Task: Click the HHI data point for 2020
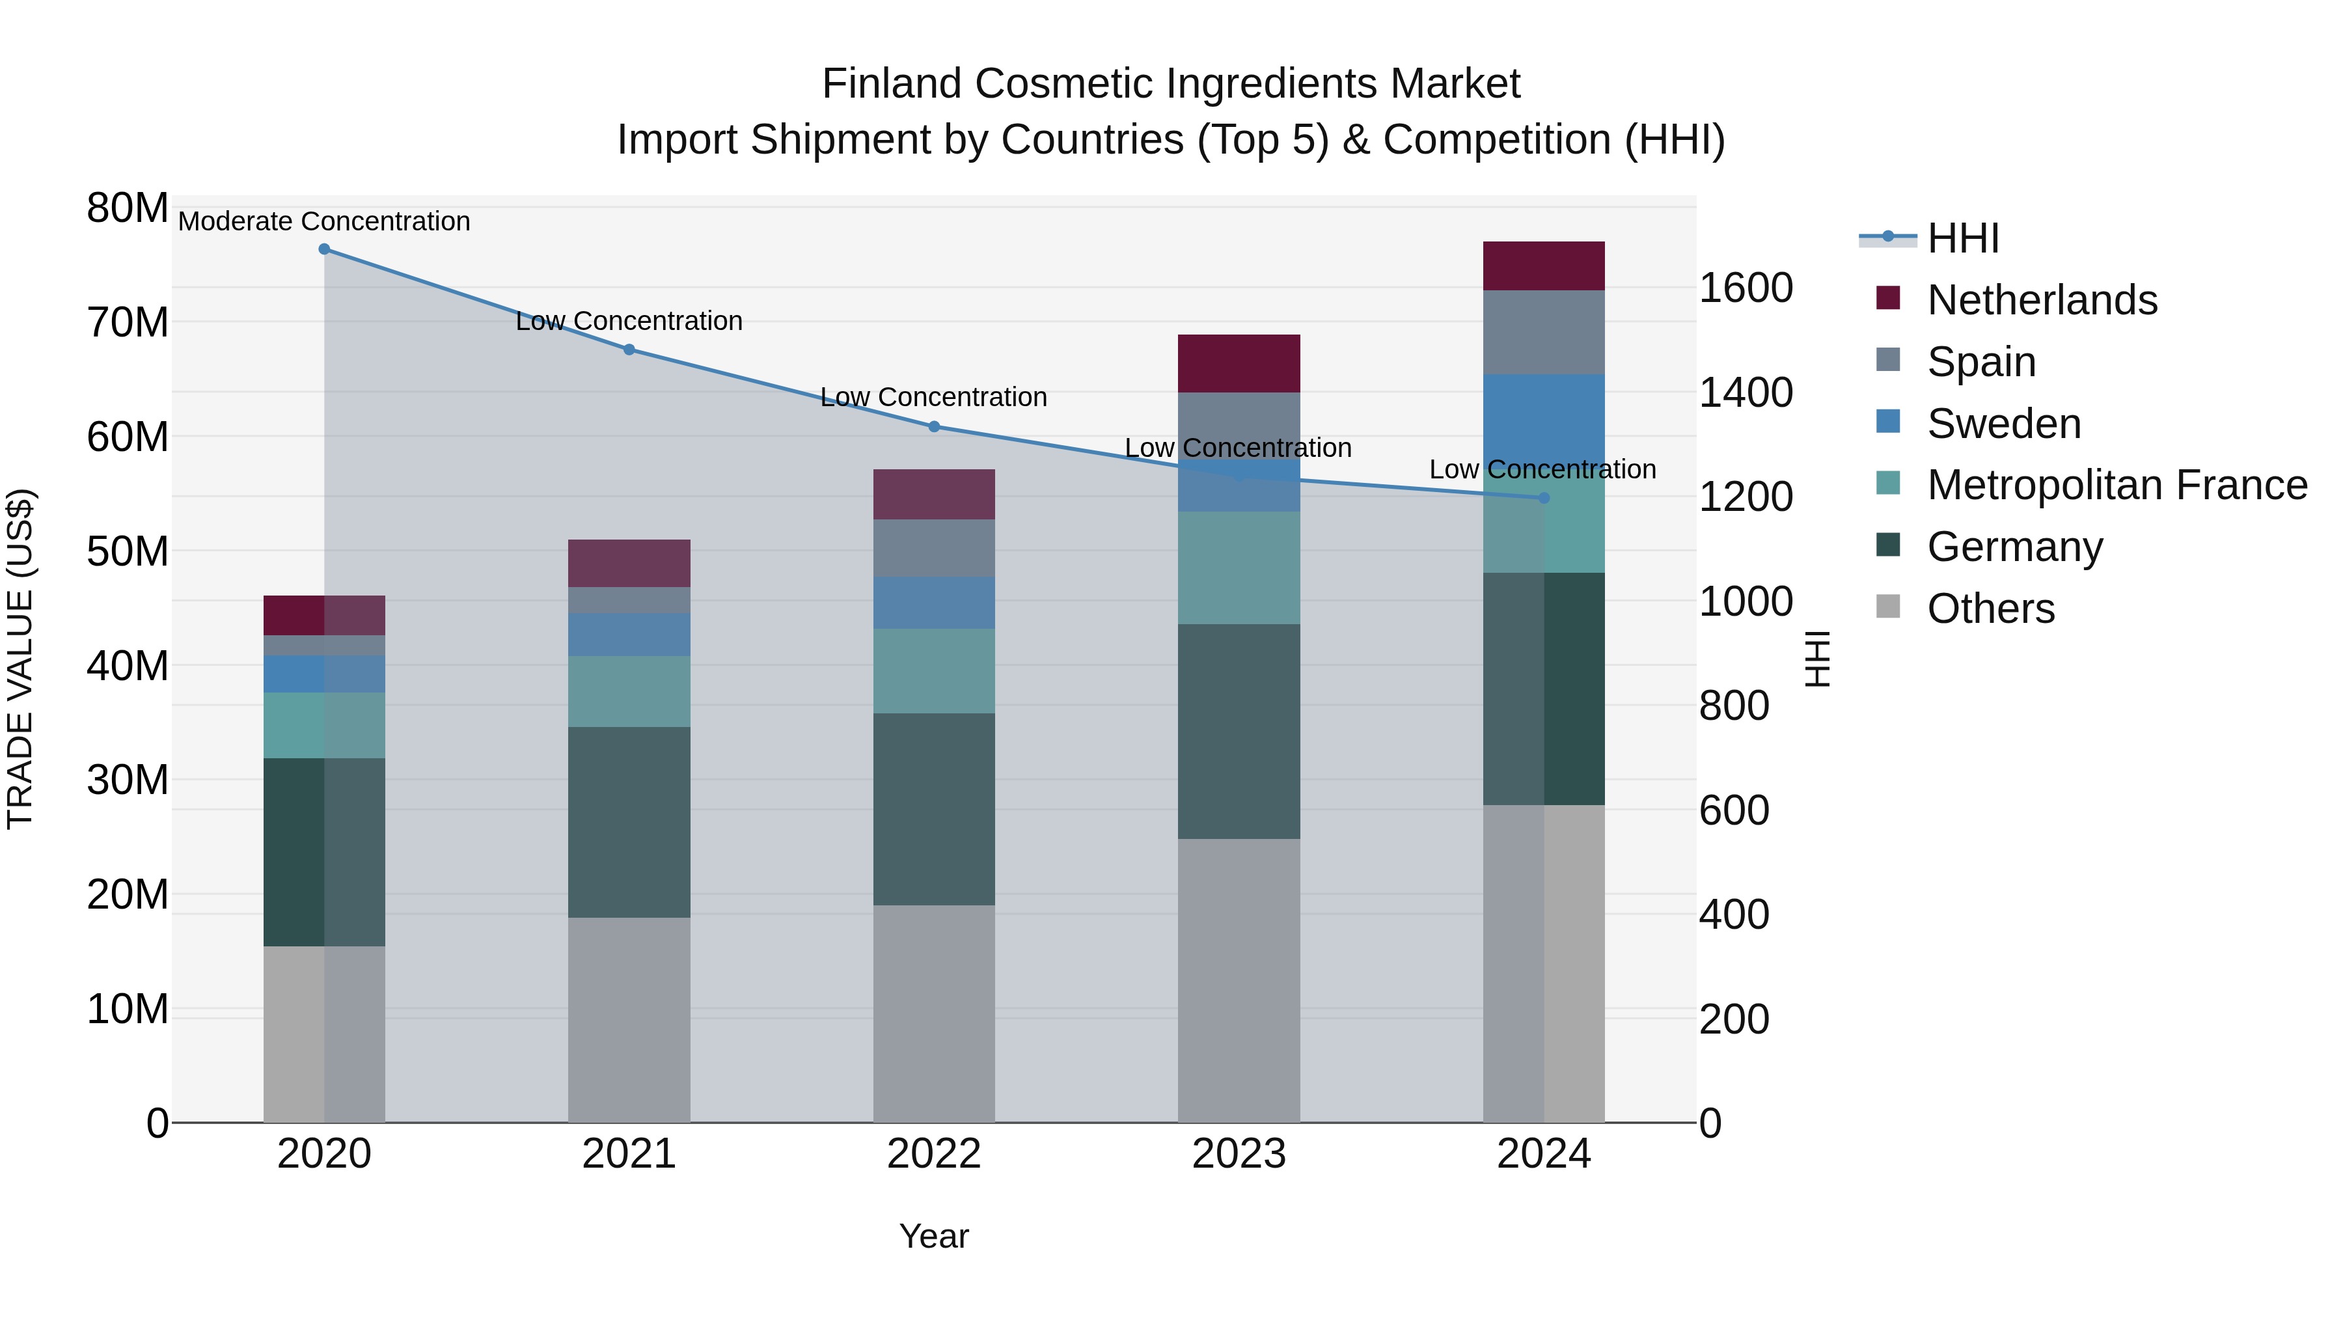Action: pyautogui.click(x=324, y=249)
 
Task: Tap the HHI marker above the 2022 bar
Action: pyautogui.click(x=934, y=426)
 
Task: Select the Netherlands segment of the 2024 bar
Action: pyautogui.click(x=1544, y=266)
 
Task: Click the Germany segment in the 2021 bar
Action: pyautogui.click(x=629, y=821)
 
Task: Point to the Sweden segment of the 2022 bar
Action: pyautogui.click(x=934, y=602)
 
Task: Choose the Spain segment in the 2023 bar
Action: pyautogui.click(x=1239, y=425)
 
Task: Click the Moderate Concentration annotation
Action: pyautogui.click(x=324, y=221)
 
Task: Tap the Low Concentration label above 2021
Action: pyautogui.click(x=629, y=321)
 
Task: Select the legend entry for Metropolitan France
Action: pyautogui.click(x=2117, y=485)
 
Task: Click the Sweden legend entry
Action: pyautogui.click(x=2004, y=424)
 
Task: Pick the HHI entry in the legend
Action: pyautogui.click(x=1963, y=238)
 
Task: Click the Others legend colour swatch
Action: pyautogui.click(x=1888, y=607)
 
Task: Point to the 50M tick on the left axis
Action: pyautogui.click(x=128, y=551)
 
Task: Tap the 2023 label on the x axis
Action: pyautogui.click(x=1239, y=1154)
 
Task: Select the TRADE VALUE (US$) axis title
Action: pyautogui.click(x=20, y=659)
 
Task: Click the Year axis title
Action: pyautogui.click(x=934, y=1236)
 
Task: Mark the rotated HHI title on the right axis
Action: pyautogui.click(x=1816, y=659)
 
